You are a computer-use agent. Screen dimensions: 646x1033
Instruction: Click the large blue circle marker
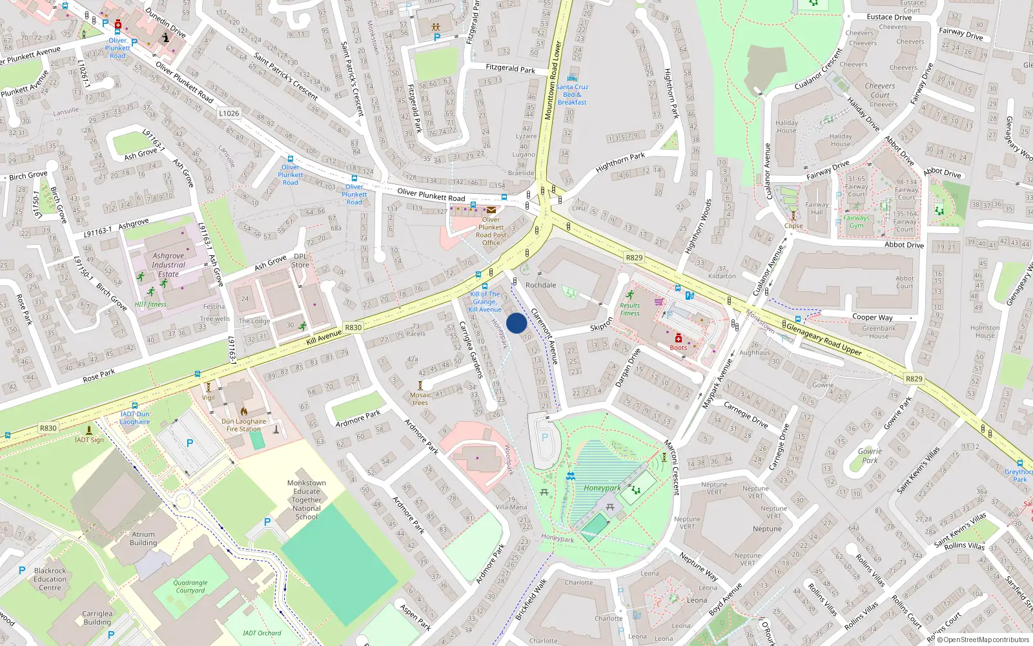pos(516,323)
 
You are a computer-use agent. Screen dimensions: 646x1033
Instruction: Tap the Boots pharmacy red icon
pos(679,339)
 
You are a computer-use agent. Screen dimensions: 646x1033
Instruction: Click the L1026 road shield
pos(229,113)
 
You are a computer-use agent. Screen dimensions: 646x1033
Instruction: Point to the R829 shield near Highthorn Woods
pos(634,257)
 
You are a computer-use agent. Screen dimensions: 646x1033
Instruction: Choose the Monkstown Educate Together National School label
pos(307,499)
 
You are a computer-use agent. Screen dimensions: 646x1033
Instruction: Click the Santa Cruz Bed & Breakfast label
pos(572,94)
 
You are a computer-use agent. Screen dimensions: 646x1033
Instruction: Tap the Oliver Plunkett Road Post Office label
pos(491,231)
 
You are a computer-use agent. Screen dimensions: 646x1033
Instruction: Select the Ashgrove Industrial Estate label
pos(169,265)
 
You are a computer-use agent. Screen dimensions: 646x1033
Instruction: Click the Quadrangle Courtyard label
pos(190,586)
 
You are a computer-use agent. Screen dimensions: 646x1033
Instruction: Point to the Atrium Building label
pos(143,539)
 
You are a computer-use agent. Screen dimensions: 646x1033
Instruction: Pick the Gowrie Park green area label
pos(870,456)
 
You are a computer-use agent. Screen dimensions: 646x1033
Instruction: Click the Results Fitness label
pos(629,309)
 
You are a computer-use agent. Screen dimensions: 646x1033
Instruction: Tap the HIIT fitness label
pos(150,304)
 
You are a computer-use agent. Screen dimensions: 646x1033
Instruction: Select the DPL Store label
pos(300,260)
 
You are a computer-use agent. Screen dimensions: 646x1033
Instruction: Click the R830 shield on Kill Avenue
pos(353,328)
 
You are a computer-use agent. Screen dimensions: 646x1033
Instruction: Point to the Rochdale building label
pos(540,285)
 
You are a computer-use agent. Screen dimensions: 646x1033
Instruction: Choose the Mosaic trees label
pos(420,399)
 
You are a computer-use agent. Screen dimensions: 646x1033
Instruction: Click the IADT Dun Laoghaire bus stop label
pos(134,418)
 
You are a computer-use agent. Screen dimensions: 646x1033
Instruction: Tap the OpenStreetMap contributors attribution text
pos(983,640)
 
